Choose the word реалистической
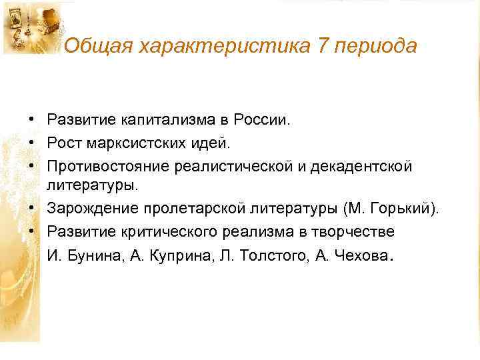point(229,165)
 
